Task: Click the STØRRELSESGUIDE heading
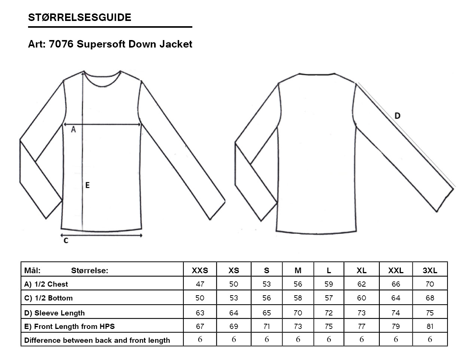tap(80, 17)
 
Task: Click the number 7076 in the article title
tap(61, 44)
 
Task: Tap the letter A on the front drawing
tap(73, 129)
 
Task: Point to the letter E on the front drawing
tap(87, 185)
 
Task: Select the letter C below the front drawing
tap(66, 241)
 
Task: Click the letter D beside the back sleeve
tap(397, 116)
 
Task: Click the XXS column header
tap(200, 271)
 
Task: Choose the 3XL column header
tap(430, 271)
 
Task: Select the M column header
tap(298, 271)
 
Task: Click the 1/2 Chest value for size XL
tap(361, 284)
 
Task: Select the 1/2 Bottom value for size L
tap(329, 298)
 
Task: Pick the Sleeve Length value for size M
tap(298, 313)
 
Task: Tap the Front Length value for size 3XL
tap(430, 326)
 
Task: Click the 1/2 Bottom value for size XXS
tap(200, 298)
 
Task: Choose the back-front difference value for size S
tap(267, 339)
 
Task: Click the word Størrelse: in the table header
tap(90, 271)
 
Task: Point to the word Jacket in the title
tap(176, 44)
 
